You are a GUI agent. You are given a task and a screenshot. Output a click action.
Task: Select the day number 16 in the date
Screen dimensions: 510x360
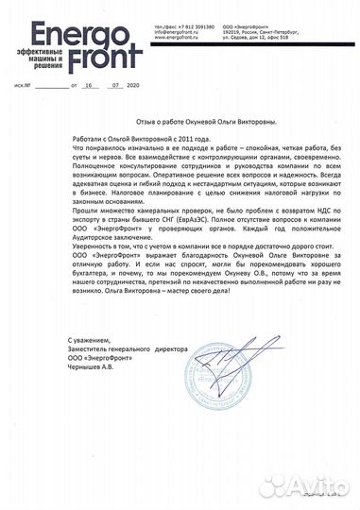[90, 84]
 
